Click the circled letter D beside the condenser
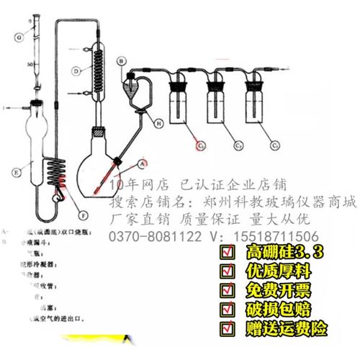coord(76,69)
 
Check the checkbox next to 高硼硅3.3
coord(228,252)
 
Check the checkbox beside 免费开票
coord(228,290)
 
